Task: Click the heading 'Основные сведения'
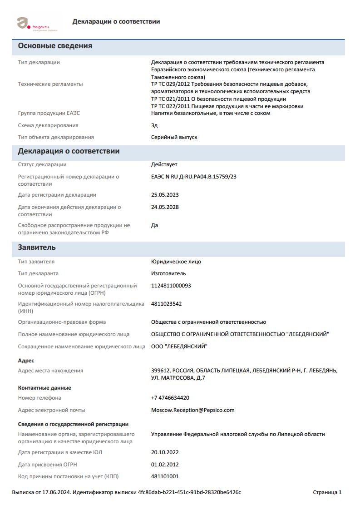click(x=55, y=46)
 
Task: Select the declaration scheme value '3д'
click(x=154, y=125)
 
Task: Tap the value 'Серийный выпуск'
click(x=174, y=137)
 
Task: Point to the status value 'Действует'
click(x=164, y=164)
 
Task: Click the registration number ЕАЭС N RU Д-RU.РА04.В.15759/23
click(x=194, y=177)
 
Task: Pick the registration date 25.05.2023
click(x=165, y=195)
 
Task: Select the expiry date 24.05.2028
click(x=165, y=207)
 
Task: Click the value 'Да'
click(x=154, y=225)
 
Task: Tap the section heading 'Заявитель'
click(x=37, y=248)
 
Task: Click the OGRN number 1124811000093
click(x=171, y=286)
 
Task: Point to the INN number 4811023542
click(x=167, y=304)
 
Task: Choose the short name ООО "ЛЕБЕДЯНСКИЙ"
click(x=179, y=347)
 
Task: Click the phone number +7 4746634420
click(x=170, y=398)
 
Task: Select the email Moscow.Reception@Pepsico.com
click(x=193, y=410)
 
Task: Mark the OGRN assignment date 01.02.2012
click(x=165, y=465)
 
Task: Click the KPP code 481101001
click(x=165, y=476)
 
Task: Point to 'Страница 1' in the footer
click(x=327, y=492)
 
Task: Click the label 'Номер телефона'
click(x=39, y=398)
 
